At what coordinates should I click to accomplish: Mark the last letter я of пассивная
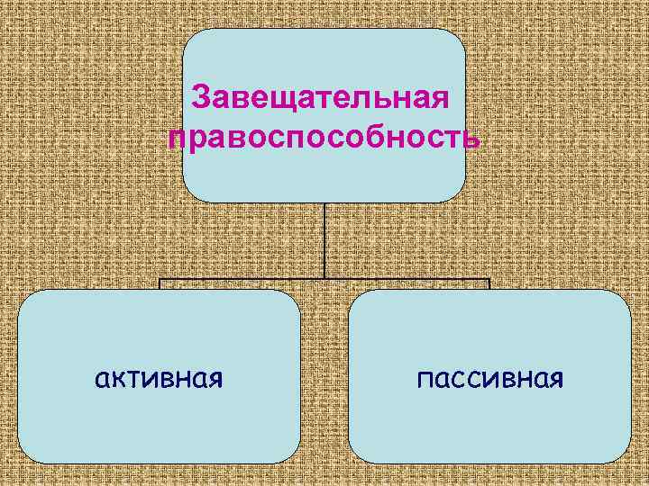555,379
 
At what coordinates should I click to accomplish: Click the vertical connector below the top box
324,238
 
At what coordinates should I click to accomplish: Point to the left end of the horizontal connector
160,281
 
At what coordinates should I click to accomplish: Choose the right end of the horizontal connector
489,281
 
